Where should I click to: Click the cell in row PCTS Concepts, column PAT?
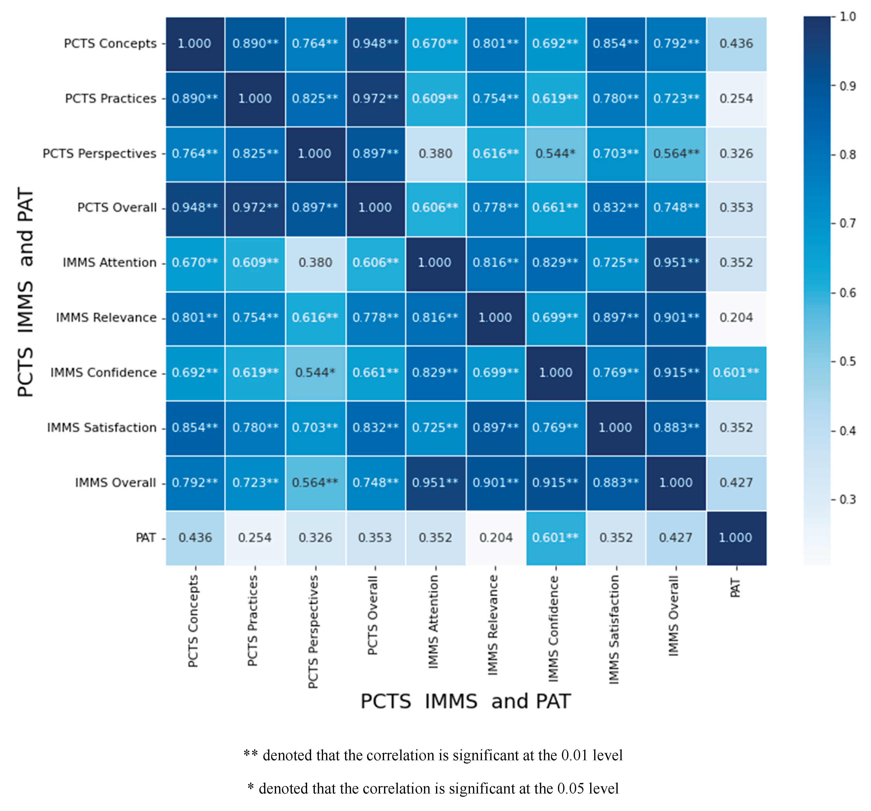pos(736,44)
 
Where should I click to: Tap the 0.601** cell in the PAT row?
pos(555,538)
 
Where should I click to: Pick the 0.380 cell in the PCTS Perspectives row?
pos(435,154)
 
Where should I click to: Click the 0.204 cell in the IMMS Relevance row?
pos(736,318)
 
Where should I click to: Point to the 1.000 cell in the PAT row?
pos(736,538)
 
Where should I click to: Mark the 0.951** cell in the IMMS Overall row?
pos(435,483)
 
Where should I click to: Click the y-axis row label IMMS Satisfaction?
pos(102,428)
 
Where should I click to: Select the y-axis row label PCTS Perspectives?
pos(99,154)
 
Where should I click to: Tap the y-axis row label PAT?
pos(146,538)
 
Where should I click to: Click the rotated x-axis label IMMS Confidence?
pos(554,629)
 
